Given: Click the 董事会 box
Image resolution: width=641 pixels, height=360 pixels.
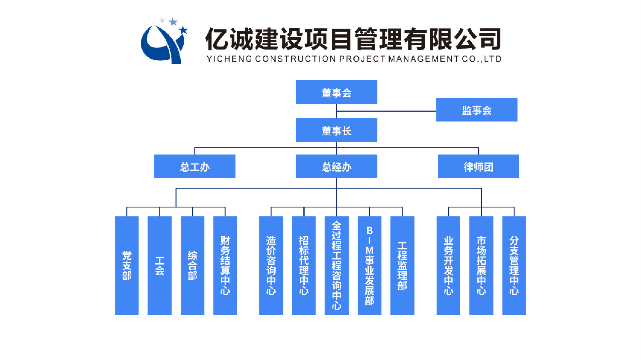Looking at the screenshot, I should point(336,92).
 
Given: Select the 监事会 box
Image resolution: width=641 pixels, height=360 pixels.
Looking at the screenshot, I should point(476,110).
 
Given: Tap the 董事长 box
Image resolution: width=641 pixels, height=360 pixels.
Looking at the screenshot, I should point(336,130).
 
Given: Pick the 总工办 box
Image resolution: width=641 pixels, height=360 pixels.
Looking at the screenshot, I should point(194,166).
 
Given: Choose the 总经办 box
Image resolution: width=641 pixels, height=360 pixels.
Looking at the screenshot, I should point(336,166).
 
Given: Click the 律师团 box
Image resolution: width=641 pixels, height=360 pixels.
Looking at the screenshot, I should point(478,166).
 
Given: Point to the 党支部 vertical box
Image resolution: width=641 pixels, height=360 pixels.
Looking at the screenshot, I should point(127,265).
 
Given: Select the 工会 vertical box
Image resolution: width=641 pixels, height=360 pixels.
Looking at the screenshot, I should point(159,265).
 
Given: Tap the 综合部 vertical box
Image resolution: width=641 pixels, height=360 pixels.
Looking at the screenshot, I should point(192,265).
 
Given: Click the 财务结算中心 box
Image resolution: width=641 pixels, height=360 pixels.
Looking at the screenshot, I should point(225,265).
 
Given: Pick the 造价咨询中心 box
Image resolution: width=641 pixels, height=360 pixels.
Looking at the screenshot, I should point(271,265).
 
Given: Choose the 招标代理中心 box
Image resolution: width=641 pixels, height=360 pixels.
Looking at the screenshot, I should point(304,265).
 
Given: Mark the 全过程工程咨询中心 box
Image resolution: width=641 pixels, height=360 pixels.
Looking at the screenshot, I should point(337,265).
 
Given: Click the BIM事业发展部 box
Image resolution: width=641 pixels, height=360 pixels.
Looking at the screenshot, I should point(369,265).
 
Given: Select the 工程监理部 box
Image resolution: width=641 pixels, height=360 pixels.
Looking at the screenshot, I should point(402,265).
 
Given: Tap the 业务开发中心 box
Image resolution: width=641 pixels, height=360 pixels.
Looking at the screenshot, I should point(448,265).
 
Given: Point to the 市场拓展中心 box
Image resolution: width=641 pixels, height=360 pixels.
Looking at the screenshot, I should point(481,265).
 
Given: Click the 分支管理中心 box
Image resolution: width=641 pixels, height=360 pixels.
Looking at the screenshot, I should point(514,265).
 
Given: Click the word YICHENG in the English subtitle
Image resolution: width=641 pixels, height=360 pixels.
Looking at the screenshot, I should point(229,59).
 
